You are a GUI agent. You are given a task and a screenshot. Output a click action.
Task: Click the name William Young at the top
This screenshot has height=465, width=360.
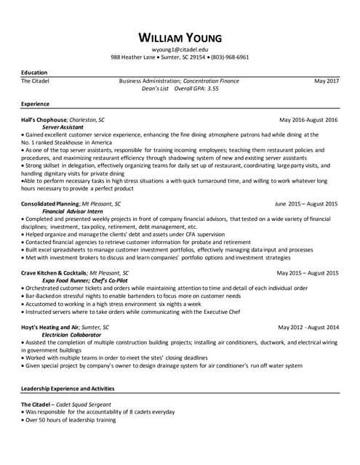pos(180,37)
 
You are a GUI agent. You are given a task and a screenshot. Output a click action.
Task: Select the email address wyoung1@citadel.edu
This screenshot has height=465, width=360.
pos(180,48)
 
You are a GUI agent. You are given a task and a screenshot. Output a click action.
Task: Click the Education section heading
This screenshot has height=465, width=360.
pos(34,73)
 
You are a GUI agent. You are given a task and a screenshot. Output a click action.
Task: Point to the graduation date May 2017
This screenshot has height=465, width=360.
pos(327,81)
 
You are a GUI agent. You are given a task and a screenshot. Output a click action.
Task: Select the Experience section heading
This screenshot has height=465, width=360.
pos(35,104)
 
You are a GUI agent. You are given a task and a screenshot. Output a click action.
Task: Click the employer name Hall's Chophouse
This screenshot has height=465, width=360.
pos(44,119)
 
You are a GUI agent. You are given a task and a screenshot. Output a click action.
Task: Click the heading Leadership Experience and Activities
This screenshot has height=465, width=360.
pos(68,389)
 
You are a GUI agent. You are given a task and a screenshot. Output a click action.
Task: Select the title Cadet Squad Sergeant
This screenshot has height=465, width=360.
pos(81,404)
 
